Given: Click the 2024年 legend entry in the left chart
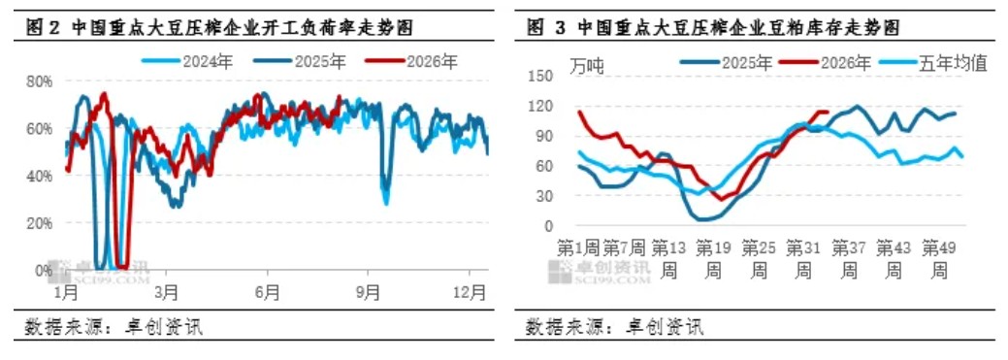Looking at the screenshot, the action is coord(186,62).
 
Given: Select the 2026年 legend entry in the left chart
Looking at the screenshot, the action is coord(411,62).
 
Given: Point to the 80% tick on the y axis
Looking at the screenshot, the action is coord(39,82).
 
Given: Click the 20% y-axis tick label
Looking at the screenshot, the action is coord(39,222).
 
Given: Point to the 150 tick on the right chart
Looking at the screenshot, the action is coord(540,76).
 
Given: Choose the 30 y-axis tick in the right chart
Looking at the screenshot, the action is coord(544,196).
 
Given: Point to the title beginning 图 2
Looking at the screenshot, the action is coord(218,27).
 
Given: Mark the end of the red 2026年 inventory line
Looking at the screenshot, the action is coord(828,113).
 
